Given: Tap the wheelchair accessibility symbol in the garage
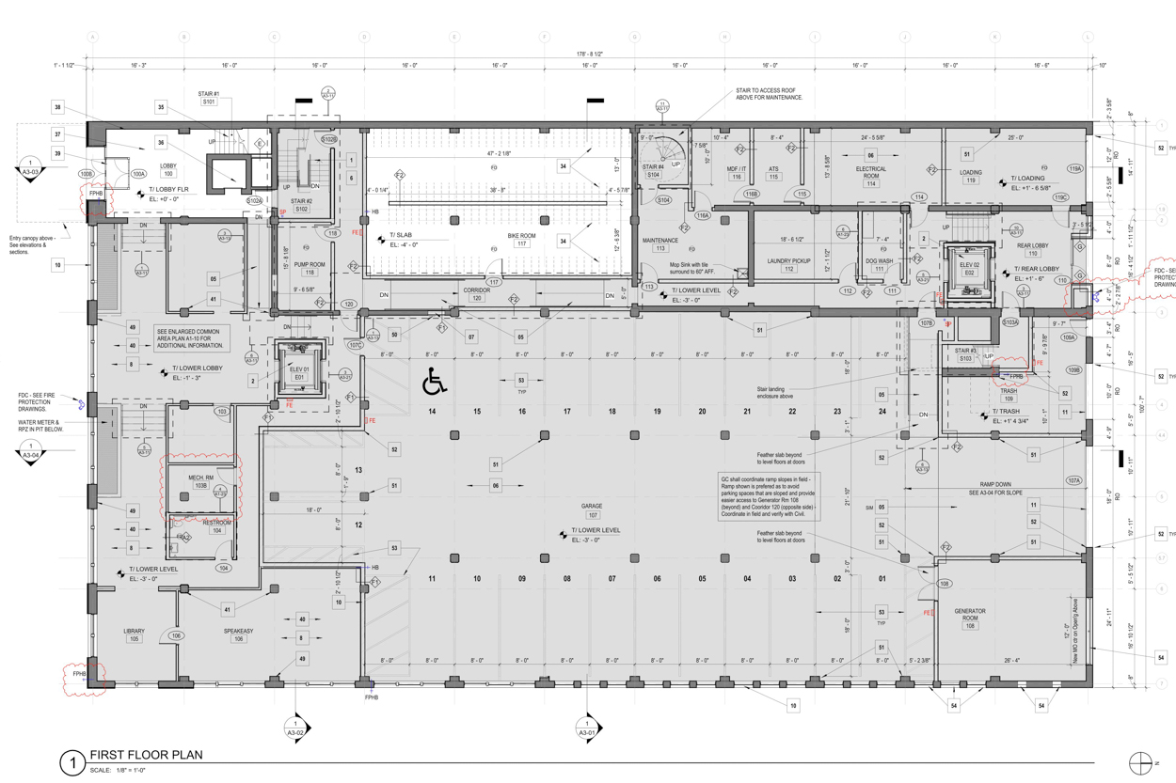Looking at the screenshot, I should pos(434,382).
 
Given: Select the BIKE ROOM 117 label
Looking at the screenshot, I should pos(521,239).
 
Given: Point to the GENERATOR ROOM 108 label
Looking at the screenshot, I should pos(969,616).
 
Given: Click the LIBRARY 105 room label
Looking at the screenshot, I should pos(134,634).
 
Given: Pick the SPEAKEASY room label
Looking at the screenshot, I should pos(238,634).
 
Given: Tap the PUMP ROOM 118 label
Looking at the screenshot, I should pos(309,269).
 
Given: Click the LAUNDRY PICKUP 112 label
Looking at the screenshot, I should pos(788,264).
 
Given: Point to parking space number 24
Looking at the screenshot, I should pos(882,412).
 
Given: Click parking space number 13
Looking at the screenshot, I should pos(358,470).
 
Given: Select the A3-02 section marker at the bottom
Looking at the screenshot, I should pos(295,728).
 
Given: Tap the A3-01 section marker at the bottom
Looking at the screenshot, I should pos(587,728).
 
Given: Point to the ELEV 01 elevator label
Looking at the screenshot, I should pos(299,373).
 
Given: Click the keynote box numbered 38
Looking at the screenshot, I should pos(57,108).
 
